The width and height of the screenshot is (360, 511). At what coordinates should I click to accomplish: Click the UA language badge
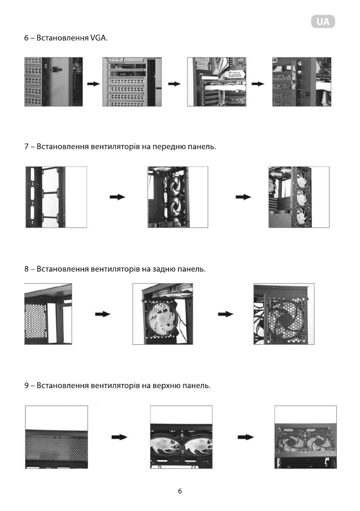pyautogui.click(x=323, y=22)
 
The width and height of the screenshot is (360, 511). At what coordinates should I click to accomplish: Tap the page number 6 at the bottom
pyautogui.click(x=180, y=491)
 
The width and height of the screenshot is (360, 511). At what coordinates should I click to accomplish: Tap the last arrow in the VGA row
pyautogui.click(x=257, y=84)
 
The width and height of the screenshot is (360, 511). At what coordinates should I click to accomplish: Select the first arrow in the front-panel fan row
pyautogui.click(x=117, y=197)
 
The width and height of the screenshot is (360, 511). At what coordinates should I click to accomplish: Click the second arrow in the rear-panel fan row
pyautogui.click(x=226, y=314)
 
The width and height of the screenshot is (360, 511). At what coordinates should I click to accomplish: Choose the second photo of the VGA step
pyautogui.click(x=133, y=82)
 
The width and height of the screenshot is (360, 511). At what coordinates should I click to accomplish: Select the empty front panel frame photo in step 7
pyautogui.click(x=56, y=197)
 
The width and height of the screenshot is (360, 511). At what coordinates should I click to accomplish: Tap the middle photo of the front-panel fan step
pyautogui.click(x=178, y=197)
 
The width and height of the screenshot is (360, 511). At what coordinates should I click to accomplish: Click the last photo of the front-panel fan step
pyautogui.click(x=299, y=197)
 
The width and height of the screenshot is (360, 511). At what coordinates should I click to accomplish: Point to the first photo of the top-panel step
pyautogui.click(x=57, y=437)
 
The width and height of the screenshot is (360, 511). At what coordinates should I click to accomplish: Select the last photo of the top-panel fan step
pyautogui.click(x=305, y=437)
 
